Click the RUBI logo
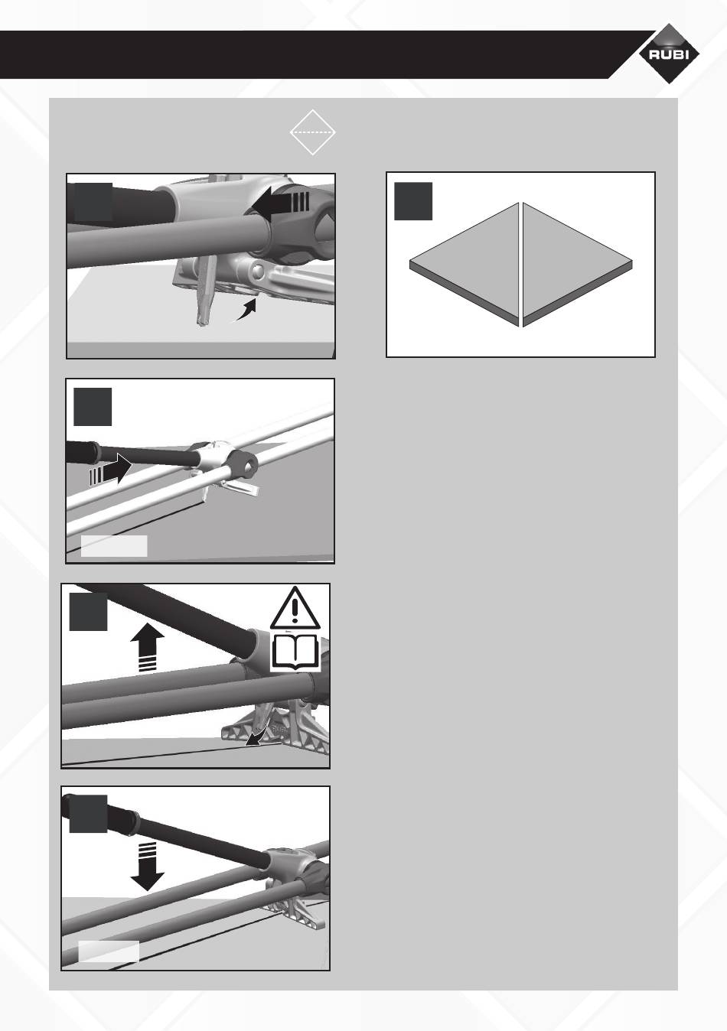[x=669, y=54]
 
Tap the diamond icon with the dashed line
[x=313, y=132]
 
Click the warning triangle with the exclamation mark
[x=295, y=608]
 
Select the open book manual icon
[x=295, y=652]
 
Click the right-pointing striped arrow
[x=110, y=469]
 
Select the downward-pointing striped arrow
[x=148, y=866]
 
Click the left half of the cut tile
[x=465, y=264]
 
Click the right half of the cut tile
[x=577, y=264]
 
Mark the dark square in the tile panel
[x=413, y=201]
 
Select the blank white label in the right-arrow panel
[x=114, y=546]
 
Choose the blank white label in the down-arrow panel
[x=109, y=951]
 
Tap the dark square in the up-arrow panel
[x=89, y=612]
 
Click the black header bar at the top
[x=322, y=55]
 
